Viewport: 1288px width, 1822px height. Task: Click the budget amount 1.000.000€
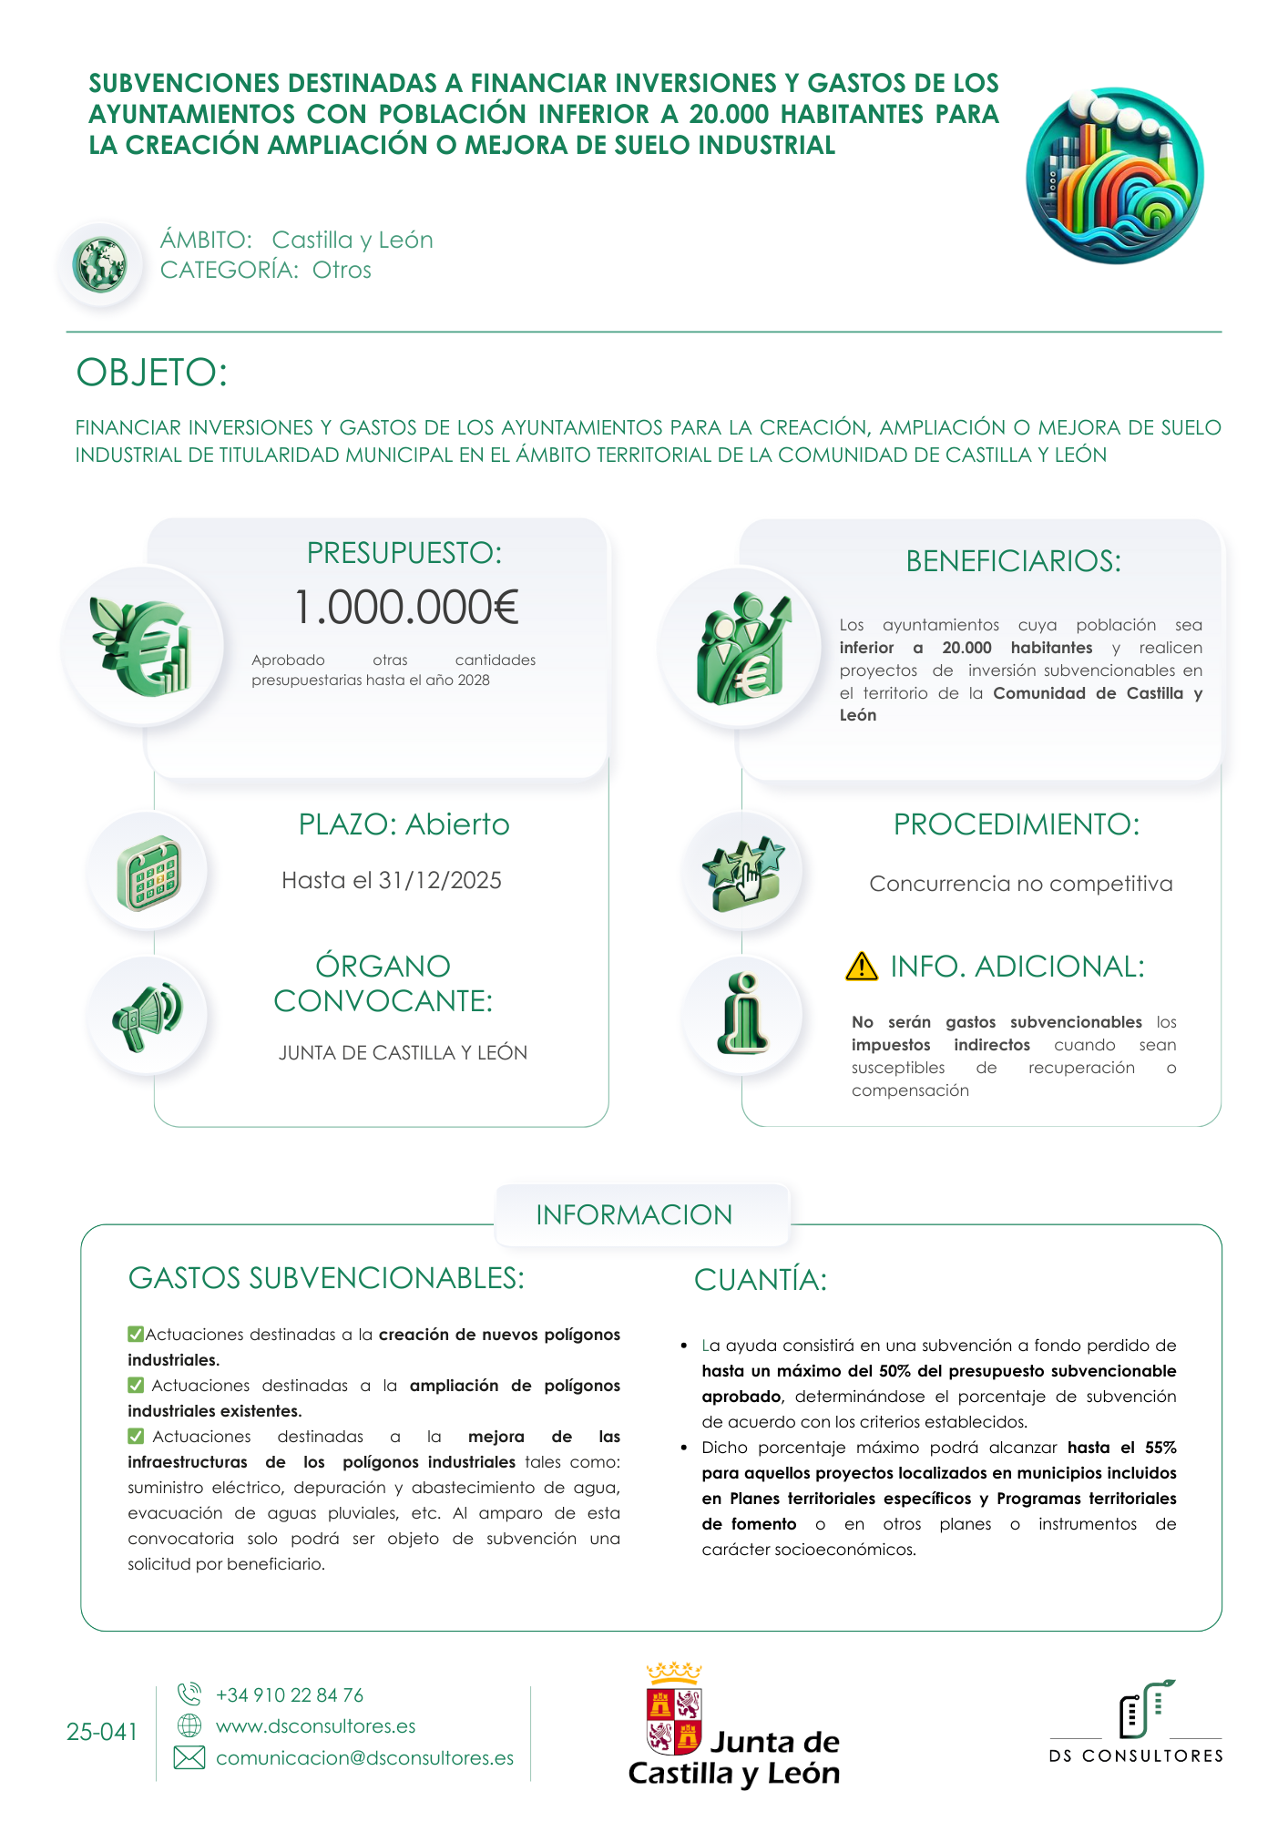(406, 608)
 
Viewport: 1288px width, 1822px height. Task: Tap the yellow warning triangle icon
(861, 967)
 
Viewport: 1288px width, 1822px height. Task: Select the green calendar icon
(148, 873)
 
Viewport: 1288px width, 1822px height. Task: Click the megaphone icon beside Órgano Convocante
(147, 1015)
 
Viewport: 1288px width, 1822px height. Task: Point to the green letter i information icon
(743, 1014)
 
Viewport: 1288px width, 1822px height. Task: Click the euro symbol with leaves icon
(141, 646)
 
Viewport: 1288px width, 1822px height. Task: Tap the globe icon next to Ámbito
(100, 265)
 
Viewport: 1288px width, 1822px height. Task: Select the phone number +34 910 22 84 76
(290, 1695)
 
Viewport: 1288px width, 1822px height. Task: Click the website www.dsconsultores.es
(315, 1726)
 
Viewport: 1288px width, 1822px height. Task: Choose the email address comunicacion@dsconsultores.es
(364, 1758)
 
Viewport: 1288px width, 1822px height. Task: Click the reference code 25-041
(102, 1732)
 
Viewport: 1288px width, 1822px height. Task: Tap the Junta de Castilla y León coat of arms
(674, 1711)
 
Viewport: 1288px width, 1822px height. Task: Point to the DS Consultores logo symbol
(1145, 1710)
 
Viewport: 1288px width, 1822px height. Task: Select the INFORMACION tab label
(634, 1215)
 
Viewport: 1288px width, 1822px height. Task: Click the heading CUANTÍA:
(761, 1280)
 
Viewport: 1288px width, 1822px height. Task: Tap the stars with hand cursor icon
(743, 873)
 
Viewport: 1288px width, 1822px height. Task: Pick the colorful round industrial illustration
(1115, 175)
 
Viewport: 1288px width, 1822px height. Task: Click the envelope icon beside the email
(189, 1758)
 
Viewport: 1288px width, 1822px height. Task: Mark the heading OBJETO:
(152, 373)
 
